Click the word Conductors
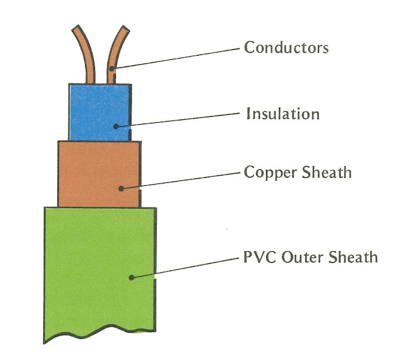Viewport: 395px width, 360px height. [x=286, y=47]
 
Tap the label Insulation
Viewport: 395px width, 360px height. [x=283, y=115]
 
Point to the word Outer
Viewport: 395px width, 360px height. [x=298, y=256]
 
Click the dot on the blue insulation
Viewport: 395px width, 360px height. [x=115, y=127]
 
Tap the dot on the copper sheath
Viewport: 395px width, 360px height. [x=122, y=188]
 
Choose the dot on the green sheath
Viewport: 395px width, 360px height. [x=131, y=278]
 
